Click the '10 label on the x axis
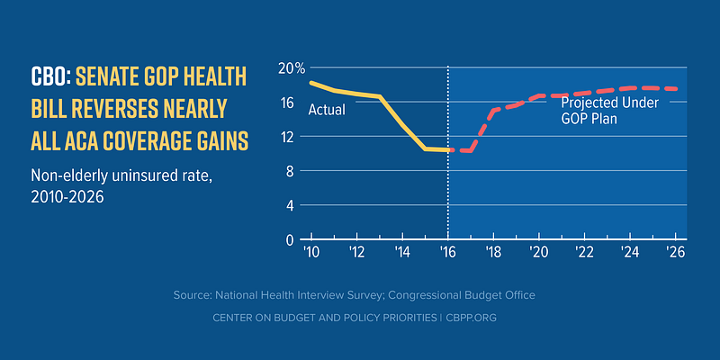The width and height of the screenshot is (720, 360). click(312, 253)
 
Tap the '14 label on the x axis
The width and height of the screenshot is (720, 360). click(402, 253)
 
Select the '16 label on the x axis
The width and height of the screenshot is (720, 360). click(447, 253)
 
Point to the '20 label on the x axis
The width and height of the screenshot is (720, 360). click(538, 253)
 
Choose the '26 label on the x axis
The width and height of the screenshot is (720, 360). click(674, 253)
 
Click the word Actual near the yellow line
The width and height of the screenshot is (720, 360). click(328, 111)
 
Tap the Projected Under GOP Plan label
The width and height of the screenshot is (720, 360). click(610, 110)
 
